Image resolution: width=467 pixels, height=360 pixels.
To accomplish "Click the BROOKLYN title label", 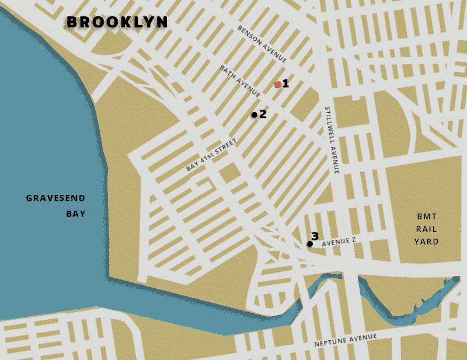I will pyautogui.click(x=117, y=22).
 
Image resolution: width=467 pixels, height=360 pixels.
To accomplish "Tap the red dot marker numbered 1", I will pyautogui.click(x=278, y=85).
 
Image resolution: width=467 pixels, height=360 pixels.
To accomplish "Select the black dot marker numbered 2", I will pyautogui.click(x=254, y=115).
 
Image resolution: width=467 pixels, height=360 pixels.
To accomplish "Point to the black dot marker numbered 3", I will pyautogui.click(x=310, y=244).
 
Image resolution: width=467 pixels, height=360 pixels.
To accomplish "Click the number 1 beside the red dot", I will pyautogui.click(x=286, y=83).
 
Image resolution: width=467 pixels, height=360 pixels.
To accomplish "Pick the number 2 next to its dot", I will pyautogui.click(x=263, y=114).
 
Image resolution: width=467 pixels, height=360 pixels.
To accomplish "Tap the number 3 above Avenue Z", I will pyautogui.click(x=315, y=236).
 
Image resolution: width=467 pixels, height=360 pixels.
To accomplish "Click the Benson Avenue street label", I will pyautogui.click(x=262, y=44).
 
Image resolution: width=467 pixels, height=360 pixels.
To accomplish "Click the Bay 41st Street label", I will pyautogui.click(x=212, y=155).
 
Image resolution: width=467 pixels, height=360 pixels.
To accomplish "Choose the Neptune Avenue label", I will pyautogui.click(x=345, y=340).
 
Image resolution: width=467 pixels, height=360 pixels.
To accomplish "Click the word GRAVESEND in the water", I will pyautogui.click(x=56, y=198).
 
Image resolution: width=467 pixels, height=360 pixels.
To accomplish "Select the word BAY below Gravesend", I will pyautogui.click(x=75, y=214).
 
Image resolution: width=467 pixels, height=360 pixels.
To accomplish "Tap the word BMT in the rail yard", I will pyautogui.click(x=426, y=216).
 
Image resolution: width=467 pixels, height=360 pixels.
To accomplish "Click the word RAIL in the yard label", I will pyautogui.click(x=426, y=229).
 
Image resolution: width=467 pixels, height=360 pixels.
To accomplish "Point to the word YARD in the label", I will pyautogui.click(x=426, y=242).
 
